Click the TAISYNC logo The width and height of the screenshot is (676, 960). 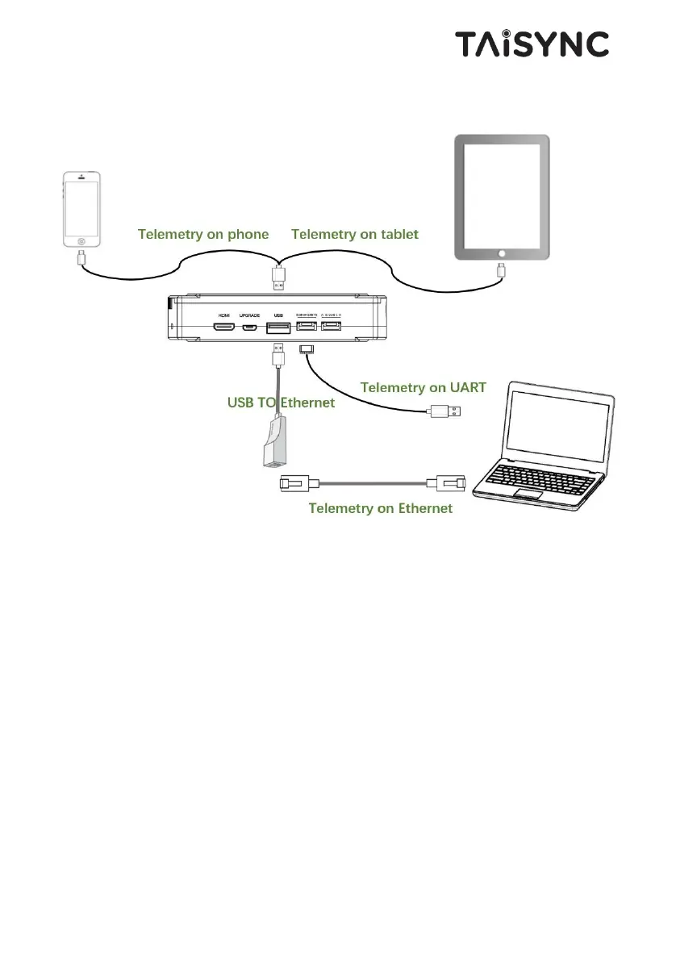532,44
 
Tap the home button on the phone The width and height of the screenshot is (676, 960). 81,240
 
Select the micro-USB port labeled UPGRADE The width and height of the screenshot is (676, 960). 251,328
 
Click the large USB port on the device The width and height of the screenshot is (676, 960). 278,328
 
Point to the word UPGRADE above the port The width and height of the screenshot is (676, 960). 251,315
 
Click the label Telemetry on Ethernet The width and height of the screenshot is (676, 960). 381,508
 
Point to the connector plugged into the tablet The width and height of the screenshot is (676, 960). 501,269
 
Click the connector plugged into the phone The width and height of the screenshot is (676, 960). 81,258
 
